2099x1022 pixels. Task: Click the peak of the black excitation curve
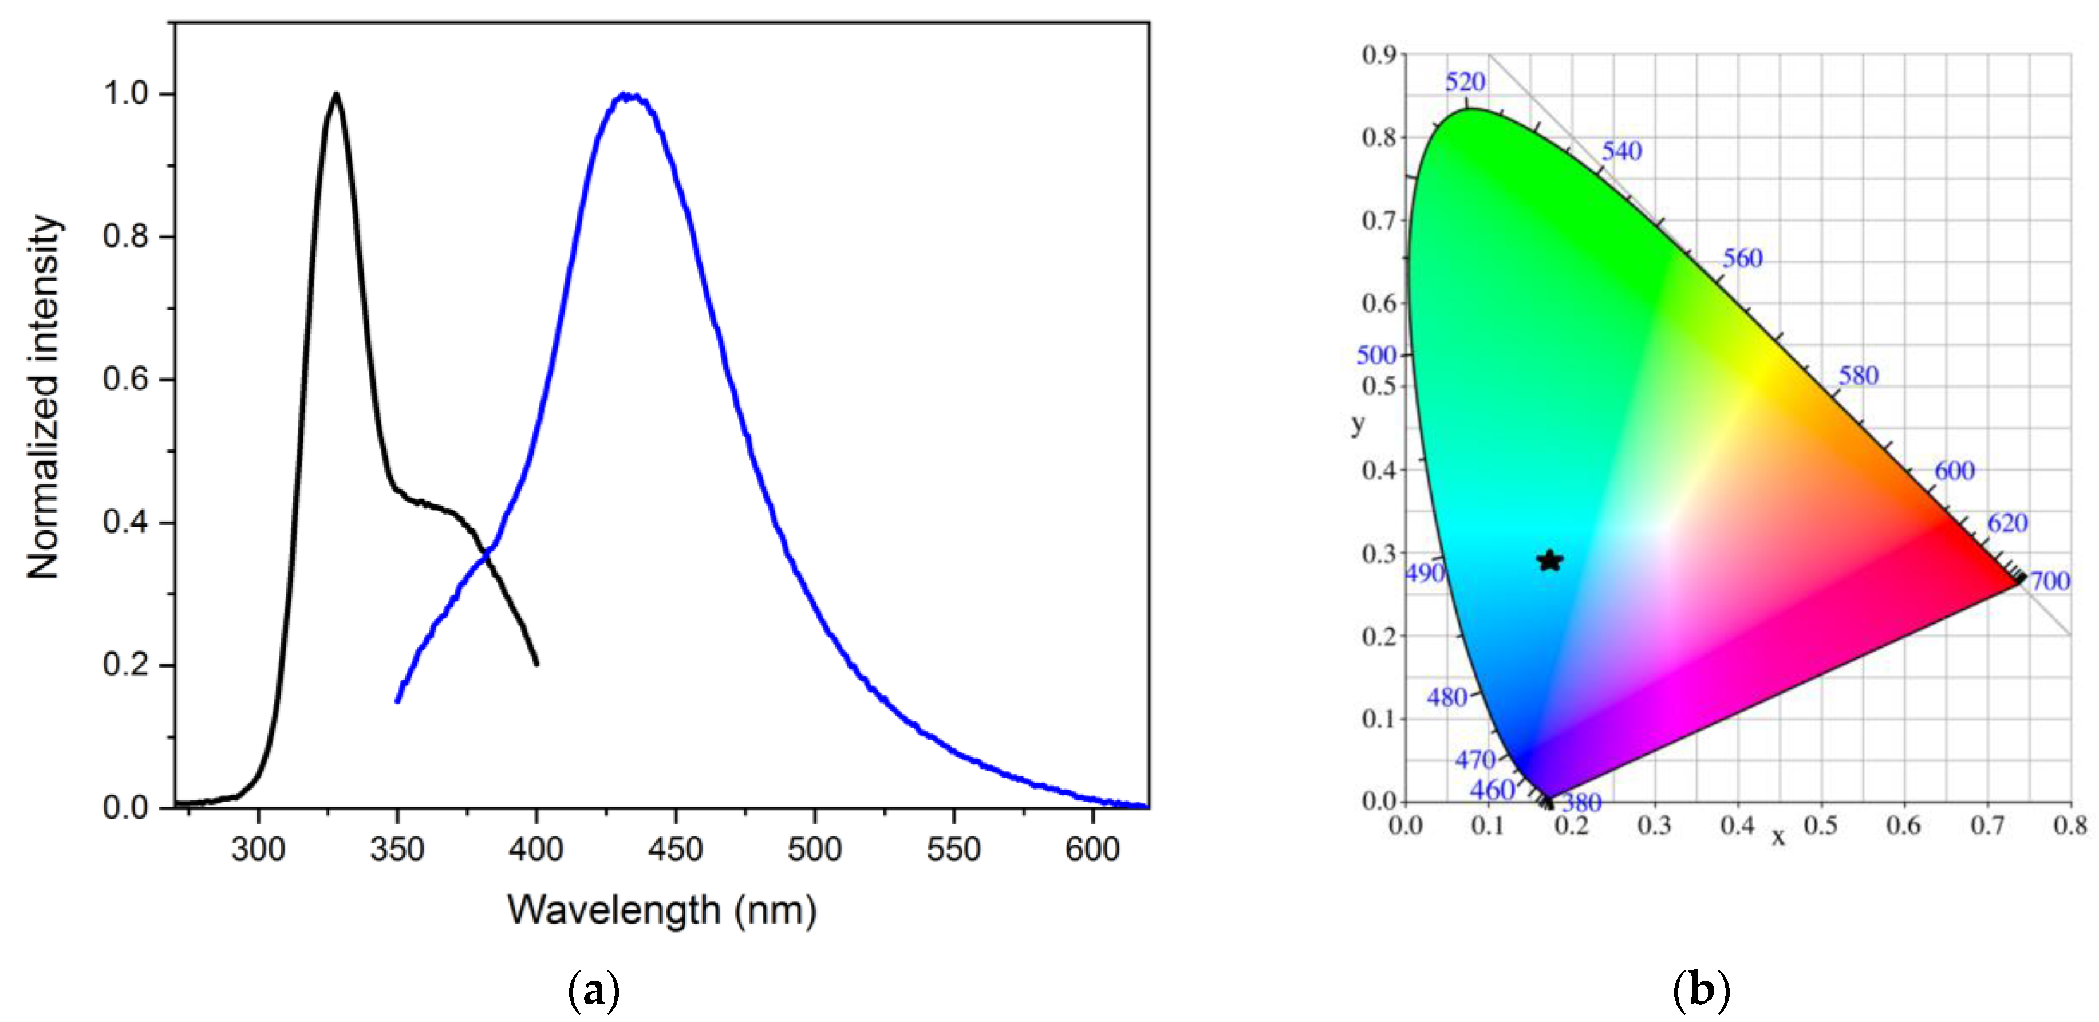click(336, 94)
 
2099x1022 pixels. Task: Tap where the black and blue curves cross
click(487, 555)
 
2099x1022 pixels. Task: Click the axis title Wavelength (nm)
click(662, 910)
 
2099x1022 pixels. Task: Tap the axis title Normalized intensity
click(44, 397)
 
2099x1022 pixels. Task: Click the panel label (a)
click(593, 990)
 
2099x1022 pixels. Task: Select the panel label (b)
click(1700, 990)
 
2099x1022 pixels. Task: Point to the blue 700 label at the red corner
click(2049, 581)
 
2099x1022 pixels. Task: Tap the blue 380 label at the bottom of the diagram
click(1581, 803)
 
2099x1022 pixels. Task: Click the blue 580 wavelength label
click(1858, 376)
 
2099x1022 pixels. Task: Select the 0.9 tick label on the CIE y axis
click(1379, 54)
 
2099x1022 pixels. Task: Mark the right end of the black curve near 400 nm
click(536, 662)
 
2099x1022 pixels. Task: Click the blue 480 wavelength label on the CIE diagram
click(1446, 697)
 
